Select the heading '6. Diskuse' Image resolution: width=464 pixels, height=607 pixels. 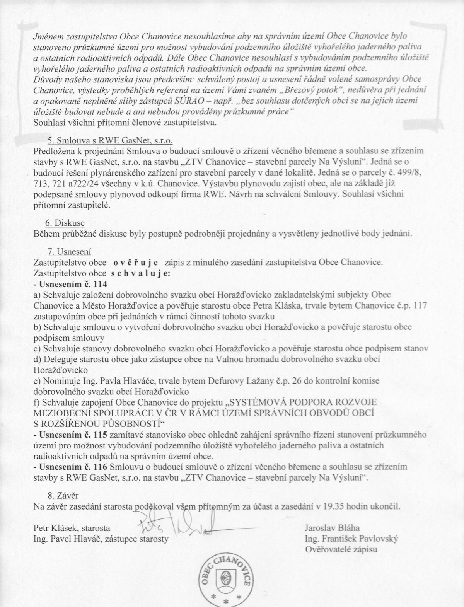pyautogui.click(x=65, y=223)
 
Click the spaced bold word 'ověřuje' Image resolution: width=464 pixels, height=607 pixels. pyautogui.click(x=136, y=263)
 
